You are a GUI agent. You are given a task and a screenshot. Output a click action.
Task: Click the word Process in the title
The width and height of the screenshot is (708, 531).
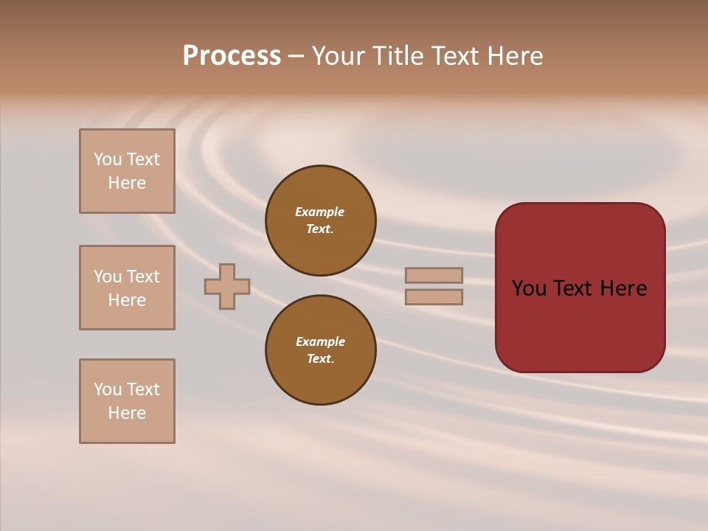pos(232,56)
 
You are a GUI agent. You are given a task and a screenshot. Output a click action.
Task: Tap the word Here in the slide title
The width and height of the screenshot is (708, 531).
pos(516,56)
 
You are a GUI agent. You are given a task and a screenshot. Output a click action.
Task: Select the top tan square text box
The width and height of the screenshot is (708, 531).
pos(127,171)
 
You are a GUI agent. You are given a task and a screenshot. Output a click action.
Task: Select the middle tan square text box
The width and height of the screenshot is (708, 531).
pos(127,288)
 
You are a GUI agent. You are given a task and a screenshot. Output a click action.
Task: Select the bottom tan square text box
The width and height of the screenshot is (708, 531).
pos(127,401)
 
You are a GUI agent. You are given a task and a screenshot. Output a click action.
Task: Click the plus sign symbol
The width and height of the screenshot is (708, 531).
pos(227,286)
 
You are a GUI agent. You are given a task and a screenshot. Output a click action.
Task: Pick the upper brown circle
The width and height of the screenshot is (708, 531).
pos(321,221)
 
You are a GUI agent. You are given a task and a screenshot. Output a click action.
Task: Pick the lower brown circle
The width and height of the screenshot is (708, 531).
pos(321,350)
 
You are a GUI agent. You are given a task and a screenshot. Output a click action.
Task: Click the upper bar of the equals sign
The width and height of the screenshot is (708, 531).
pos(434,275)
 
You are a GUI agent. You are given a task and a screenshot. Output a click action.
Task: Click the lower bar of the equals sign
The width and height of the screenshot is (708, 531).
pos(434,296)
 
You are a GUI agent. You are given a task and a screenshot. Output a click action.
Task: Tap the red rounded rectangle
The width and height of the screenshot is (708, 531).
pos(580,324)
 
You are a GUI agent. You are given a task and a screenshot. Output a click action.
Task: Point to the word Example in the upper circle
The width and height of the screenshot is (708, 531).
pos(319,212)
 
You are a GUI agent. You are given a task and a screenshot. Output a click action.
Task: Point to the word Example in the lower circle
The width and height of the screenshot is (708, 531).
pos(320,341)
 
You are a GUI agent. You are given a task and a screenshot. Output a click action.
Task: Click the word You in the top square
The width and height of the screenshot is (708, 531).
pos(108,159)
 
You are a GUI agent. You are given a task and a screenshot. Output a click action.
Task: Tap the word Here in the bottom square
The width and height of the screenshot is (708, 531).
pos(127,413)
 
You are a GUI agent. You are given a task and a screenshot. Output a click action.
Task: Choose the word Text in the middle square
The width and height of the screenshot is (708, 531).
pos(143,277)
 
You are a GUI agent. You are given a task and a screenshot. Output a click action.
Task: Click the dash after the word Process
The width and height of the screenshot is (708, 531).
pos(296,56)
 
